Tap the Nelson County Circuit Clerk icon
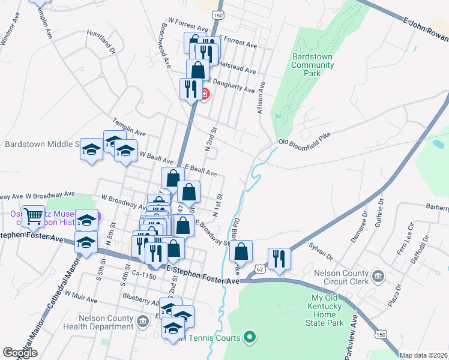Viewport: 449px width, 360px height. tap(378, 276)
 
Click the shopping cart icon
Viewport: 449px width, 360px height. tap(33, 215)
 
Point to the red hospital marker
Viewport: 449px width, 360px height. tap(205, 94)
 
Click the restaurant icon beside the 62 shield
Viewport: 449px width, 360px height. tap(279, 259)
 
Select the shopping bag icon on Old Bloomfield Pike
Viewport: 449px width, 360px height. tap(241, 252)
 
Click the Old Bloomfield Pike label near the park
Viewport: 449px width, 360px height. tap(304, 142)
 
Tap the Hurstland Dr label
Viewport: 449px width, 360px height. tap(101, 40)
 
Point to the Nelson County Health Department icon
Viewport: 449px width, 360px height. tap(143, 322)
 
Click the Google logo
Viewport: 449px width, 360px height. tap(20, 353)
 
